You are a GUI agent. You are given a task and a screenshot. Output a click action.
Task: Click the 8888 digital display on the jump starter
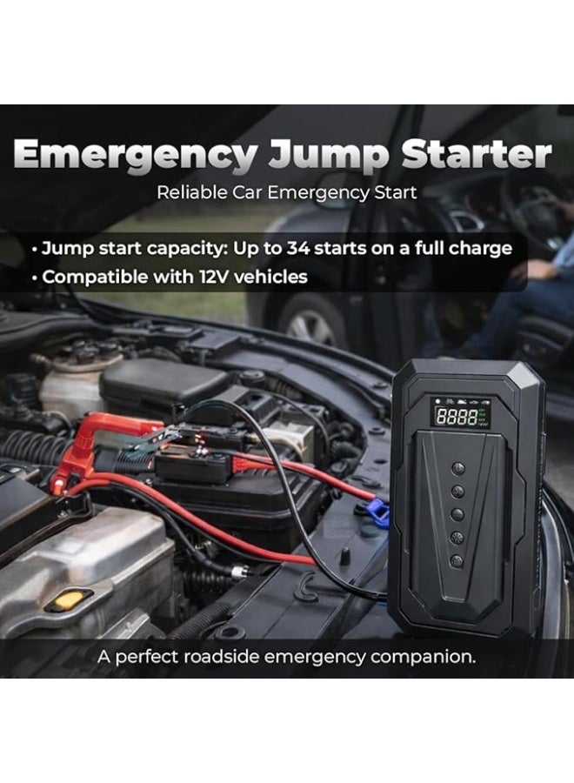point(457,417)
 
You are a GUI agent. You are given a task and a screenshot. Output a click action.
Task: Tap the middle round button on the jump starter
point(457,514)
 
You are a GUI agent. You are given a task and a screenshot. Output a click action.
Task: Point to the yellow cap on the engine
point(69,599)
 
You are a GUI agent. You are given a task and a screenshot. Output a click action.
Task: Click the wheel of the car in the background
point(310,325)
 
